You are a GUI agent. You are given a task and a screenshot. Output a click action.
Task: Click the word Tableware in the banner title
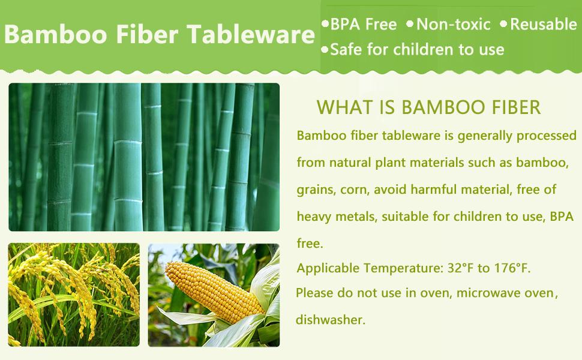click(x=251, y=34)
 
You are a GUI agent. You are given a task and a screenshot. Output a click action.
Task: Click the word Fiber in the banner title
click(x=147, y=34)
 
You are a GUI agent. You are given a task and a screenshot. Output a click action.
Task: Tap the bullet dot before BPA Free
click(x=325, y=24)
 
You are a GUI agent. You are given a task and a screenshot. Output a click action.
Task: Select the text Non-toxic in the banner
click(x=454, y=25)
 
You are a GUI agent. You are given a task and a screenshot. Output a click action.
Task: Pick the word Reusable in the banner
click(x=544, y=25)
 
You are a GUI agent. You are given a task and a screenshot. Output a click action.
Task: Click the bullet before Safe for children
click(x=325, y=49)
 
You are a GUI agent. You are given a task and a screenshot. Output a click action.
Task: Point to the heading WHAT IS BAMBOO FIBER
click(x=428, y=107)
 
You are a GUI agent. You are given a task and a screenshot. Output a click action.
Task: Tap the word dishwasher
click(x=331, y=320)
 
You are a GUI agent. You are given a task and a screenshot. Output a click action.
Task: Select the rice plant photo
click(x=74, y=295)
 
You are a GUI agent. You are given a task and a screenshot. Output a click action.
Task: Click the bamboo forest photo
click(x=144, y=157)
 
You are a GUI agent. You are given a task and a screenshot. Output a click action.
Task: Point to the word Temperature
click(x=403, y=268)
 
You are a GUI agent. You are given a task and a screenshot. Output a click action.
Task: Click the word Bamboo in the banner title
click(x=56, y=34)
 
